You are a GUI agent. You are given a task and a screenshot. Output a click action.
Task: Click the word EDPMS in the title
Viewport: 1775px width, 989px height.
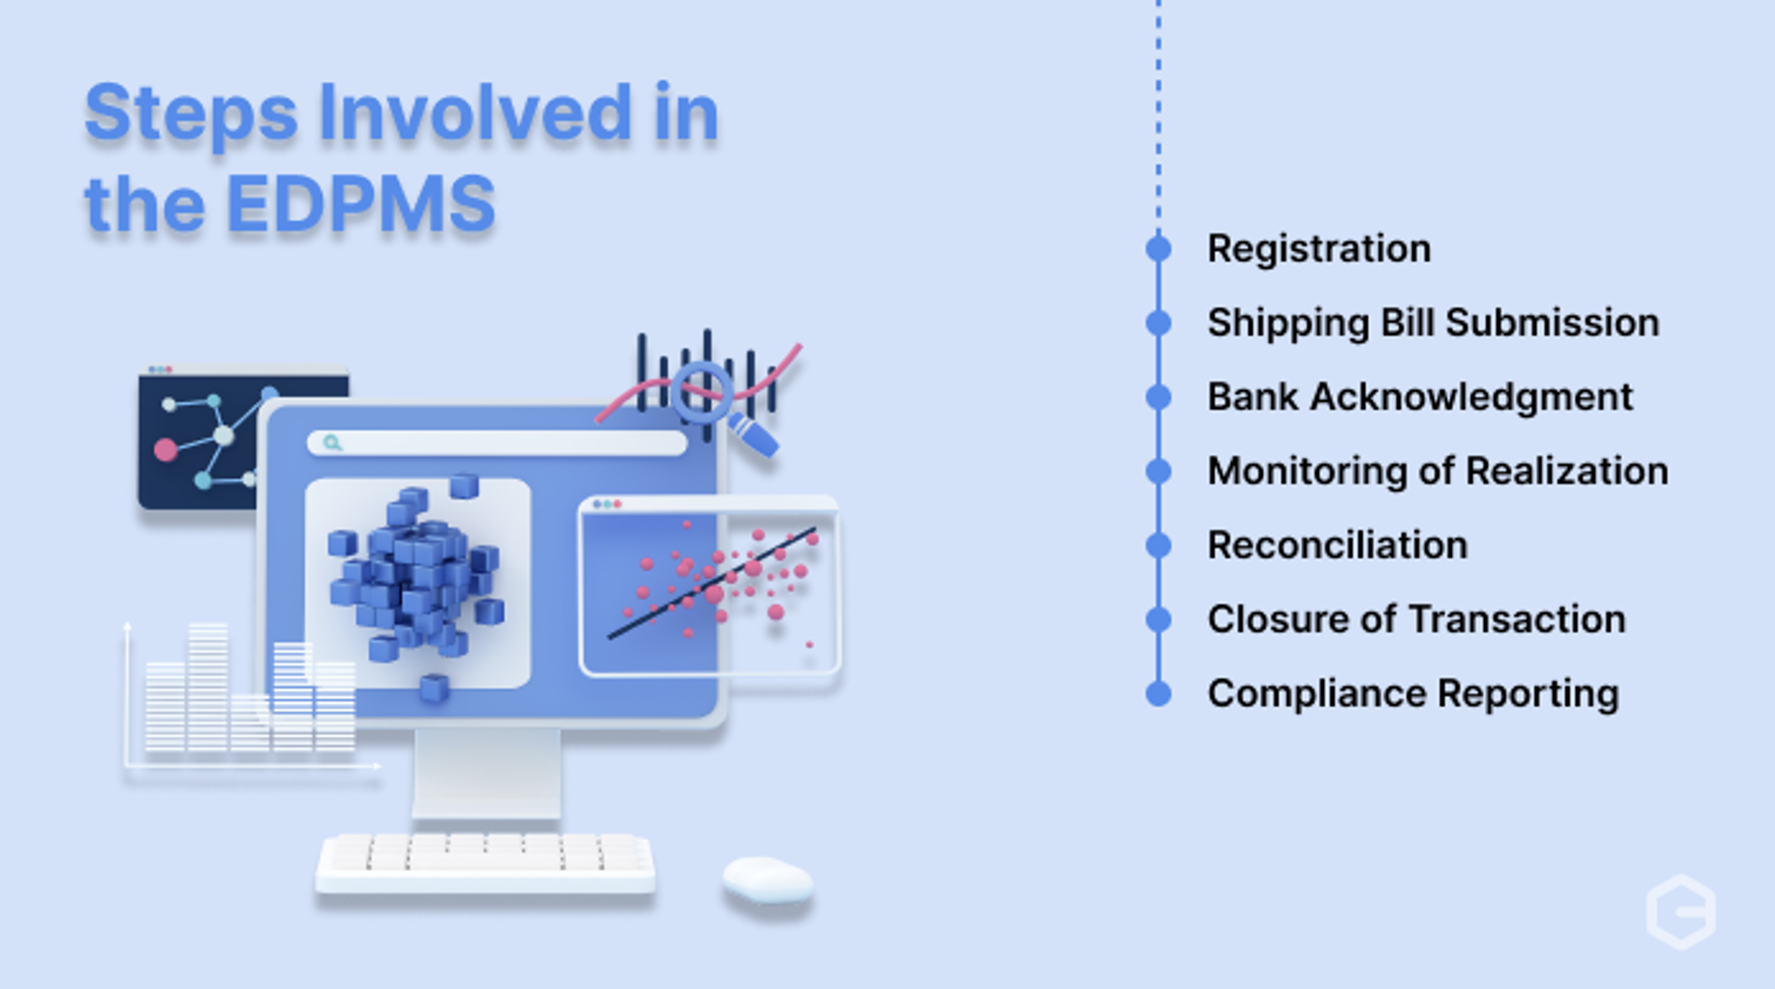pos(360,204)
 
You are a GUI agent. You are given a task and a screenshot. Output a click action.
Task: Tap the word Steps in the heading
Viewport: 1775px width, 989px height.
pos(191,113)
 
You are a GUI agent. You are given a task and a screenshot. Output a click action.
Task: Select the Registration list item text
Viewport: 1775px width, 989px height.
pos(1318,249)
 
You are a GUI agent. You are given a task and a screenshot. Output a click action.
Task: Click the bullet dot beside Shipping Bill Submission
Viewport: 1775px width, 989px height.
pos(1158,323)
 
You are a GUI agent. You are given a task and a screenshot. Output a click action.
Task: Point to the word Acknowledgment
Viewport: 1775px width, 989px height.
pos(1471,397)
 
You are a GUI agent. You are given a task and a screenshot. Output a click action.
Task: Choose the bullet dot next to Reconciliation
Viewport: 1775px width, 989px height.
pos(1158,545)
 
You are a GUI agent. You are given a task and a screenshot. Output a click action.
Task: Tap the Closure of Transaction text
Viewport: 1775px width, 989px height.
pos(1416,620)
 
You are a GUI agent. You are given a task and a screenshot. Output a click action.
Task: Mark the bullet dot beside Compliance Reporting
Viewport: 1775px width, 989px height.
pos(1158,694)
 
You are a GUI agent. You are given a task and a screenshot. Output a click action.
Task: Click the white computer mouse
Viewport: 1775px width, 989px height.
pos(767,880)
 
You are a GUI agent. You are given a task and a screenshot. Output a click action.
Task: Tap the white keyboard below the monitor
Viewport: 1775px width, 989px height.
pos(484,861)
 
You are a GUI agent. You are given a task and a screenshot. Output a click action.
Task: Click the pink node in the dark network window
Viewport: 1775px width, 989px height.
pos(166,450)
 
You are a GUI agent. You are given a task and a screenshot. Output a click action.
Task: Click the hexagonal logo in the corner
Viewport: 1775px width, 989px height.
pos(1680,911)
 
